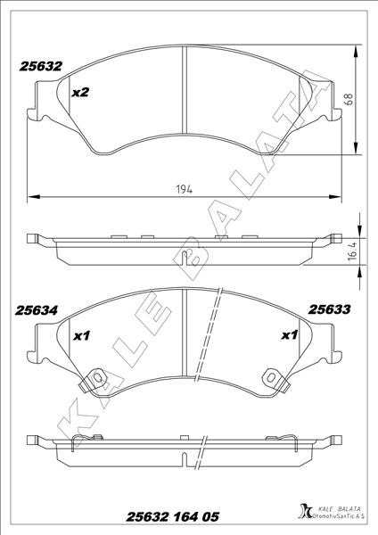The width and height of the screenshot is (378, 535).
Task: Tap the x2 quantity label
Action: tap(80, 92)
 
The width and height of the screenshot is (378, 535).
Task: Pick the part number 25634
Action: tap(37, 310)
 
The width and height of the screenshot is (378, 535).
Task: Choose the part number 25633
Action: tap(329, 310)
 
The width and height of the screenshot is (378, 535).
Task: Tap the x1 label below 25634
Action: tap(80, 335)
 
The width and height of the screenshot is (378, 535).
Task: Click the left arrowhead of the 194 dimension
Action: tap(32, 196)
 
